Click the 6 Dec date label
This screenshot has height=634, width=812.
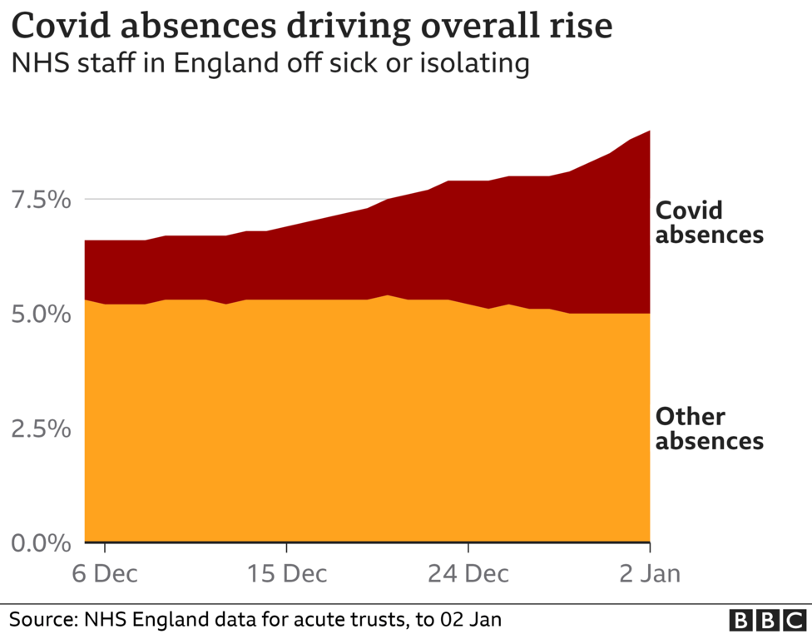coord(105,574)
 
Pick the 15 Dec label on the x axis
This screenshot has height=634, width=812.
coord(286,574)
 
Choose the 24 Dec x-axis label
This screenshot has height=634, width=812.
coord(468,574)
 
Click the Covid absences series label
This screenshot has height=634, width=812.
coord(709,222)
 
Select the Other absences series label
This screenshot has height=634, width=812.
coord(709,428)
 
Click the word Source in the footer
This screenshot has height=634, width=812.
coord(41,620)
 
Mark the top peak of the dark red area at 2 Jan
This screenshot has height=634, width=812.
coord(649,131)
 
